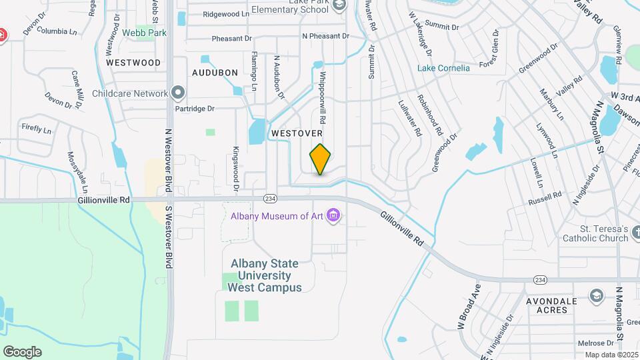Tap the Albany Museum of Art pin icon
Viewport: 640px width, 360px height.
click(x=334, y=216)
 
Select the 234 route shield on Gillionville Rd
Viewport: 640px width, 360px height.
click(x=270, y=199)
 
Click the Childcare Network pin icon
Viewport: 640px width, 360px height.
click(x=178, y=93)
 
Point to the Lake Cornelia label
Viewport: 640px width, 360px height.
click(x=443, y=68)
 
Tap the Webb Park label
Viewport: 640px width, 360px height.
click(x=143, y=32)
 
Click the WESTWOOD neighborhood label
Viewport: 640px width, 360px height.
click(x=133, y=62)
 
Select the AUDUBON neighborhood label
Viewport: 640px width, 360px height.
click(x=215, y=72)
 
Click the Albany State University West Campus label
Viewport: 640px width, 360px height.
click(x=265, y=275)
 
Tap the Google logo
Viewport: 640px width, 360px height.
click(x=22, y=351)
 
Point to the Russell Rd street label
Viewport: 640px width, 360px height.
click(x=545, y=198)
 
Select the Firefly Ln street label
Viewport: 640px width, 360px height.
click(x=37, y=129)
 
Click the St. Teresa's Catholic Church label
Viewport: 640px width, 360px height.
click(x=595, y=233)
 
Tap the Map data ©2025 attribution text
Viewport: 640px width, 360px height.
click(x=610, y=355)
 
